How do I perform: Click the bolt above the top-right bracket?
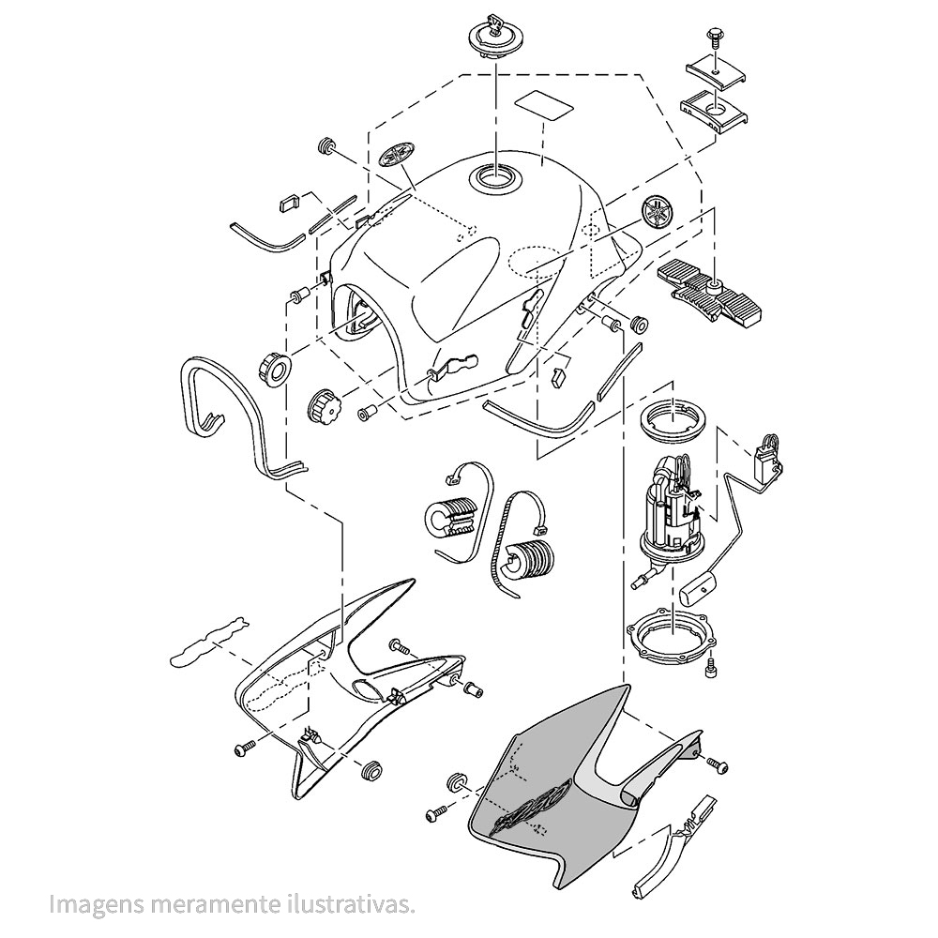coord(715,38)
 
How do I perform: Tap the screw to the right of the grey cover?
coord(718,765)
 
